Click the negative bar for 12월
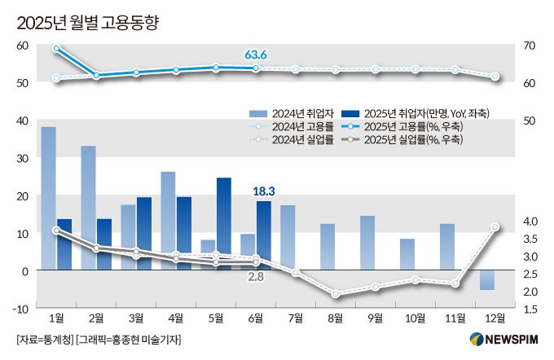pyautogui.click(x=486, y=279)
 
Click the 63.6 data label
pyautogui.click(x=256, y=55)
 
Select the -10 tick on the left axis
pyautogui.click(x=20, y=308)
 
